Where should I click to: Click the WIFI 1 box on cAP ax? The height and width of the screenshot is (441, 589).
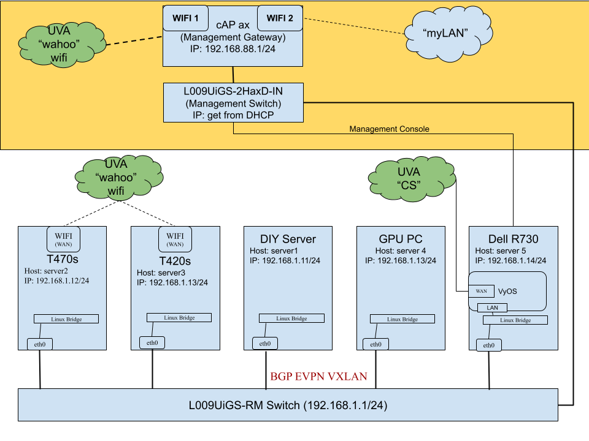coord(185,18)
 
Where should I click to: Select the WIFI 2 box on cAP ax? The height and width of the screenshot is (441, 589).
coord(280,18)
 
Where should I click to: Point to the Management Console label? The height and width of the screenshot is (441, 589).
coord(389,129)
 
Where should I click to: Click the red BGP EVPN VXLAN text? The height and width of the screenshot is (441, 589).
coord(318,376)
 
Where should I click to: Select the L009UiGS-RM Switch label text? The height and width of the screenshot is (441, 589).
coord(288,405)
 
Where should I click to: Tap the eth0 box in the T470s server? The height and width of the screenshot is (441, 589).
coord(40,344)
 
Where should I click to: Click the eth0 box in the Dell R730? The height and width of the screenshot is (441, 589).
coord(489,345)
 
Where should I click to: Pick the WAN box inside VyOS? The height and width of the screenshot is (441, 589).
coord(481,291)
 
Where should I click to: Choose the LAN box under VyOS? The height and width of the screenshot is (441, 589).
coord(492,307)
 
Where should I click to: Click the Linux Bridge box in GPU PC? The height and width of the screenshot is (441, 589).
coord(402,319)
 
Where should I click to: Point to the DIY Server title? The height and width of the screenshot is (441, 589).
coord(288,238)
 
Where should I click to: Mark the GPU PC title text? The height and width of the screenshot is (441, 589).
coord(401,238)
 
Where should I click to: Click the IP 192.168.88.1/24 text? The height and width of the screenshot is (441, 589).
coord(233,48)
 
